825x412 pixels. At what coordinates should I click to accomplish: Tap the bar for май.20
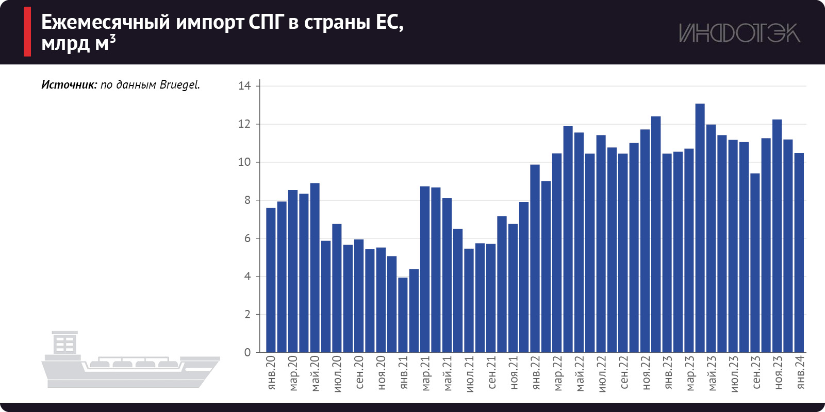315,268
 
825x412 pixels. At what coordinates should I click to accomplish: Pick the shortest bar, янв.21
403,315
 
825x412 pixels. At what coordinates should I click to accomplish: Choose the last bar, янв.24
799,252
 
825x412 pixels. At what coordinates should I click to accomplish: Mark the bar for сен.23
755,263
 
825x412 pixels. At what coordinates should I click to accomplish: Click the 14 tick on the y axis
244,86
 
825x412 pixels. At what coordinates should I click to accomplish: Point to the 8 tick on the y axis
247,200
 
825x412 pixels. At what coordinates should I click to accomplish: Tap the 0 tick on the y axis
247,353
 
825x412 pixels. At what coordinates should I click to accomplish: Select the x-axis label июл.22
601,374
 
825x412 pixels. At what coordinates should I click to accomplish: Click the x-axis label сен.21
491,373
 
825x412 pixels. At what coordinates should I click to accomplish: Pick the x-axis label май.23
712,374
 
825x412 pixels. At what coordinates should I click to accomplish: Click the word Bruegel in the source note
179,85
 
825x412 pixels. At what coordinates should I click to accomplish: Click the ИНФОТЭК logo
739,33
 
